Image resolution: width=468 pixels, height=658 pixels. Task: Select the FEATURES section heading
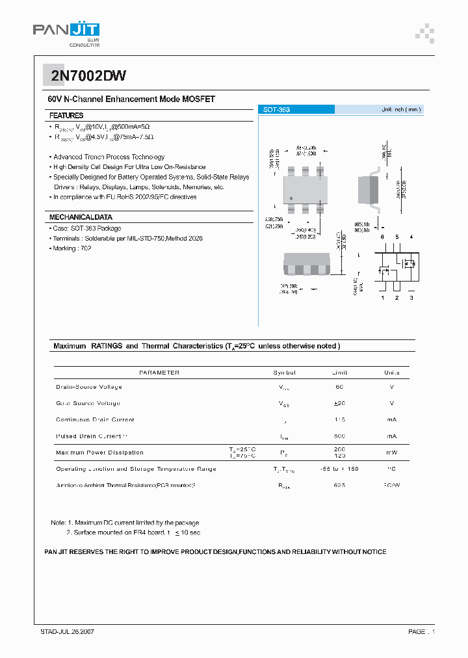(66, 115)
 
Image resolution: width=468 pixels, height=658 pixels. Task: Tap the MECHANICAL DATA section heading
(81, 217)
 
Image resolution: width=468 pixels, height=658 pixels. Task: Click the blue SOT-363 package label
(276, 110)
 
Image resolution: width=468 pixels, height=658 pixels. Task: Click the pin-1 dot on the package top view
(291, 198)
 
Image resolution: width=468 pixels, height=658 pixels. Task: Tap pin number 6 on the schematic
(382, 237)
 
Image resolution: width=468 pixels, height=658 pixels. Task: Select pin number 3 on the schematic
(411, 297)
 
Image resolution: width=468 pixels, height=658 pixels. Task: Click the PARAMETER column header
(159, 373)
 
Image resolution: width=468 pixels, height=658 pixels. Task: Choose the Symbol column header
(284, 373)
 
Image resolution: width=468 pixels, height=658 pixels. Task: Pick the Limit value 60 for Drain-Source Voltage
(339, 387)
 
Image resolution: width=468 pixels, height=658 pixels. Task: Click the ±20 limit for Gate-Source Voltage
(339, 403)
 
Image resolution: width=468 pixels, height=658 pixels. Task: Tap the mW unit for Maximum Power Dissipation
(391, 452)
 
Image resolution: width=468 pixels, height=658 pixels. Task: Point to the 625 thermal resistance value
(339, 485)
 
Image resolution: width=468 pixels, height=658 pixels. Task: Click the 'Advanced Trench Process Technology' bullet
(109, 157)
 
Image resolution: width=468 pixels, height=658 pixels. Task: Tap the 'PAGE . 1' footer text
(421, 631)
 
